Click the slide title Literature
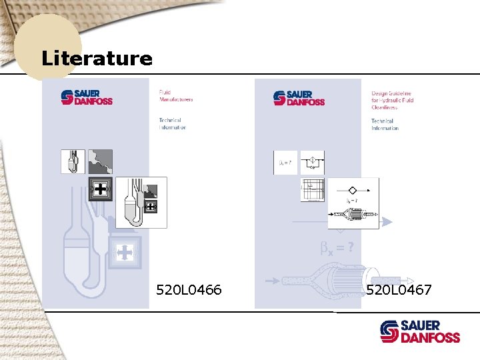click(x=97, y=58)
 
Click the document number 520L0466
click(x=189, y=289)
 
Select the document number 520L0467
click(x=399, y=289)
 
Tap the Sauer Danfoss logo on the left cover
click(x=87, y=97)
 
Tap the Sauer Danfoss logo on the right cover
click(x=299, y=97)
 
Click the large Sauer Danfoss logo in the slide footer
click(x=420, y=331)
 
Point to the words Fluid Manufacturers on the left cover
click(x=175, y=96)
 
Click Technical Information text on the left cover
click(x=172, y=124)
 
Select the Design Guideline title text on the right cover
click(x=392, y=100)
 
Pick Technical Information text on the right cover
click(x=385, y=125)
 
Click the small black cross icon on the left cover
click(x=100, y=189)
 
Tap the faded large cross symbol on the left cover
click(x=124, y=252)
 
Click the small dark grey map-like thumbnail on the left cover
click(x=100, y=161)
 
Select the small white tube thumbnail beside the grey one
click(x=73, y=161)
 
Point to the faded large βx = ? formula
click(x=337, y=249)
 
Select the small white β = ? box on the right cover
click(x=284, y=163)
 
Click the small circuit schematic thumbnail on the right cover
click(x=312, y=163)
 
